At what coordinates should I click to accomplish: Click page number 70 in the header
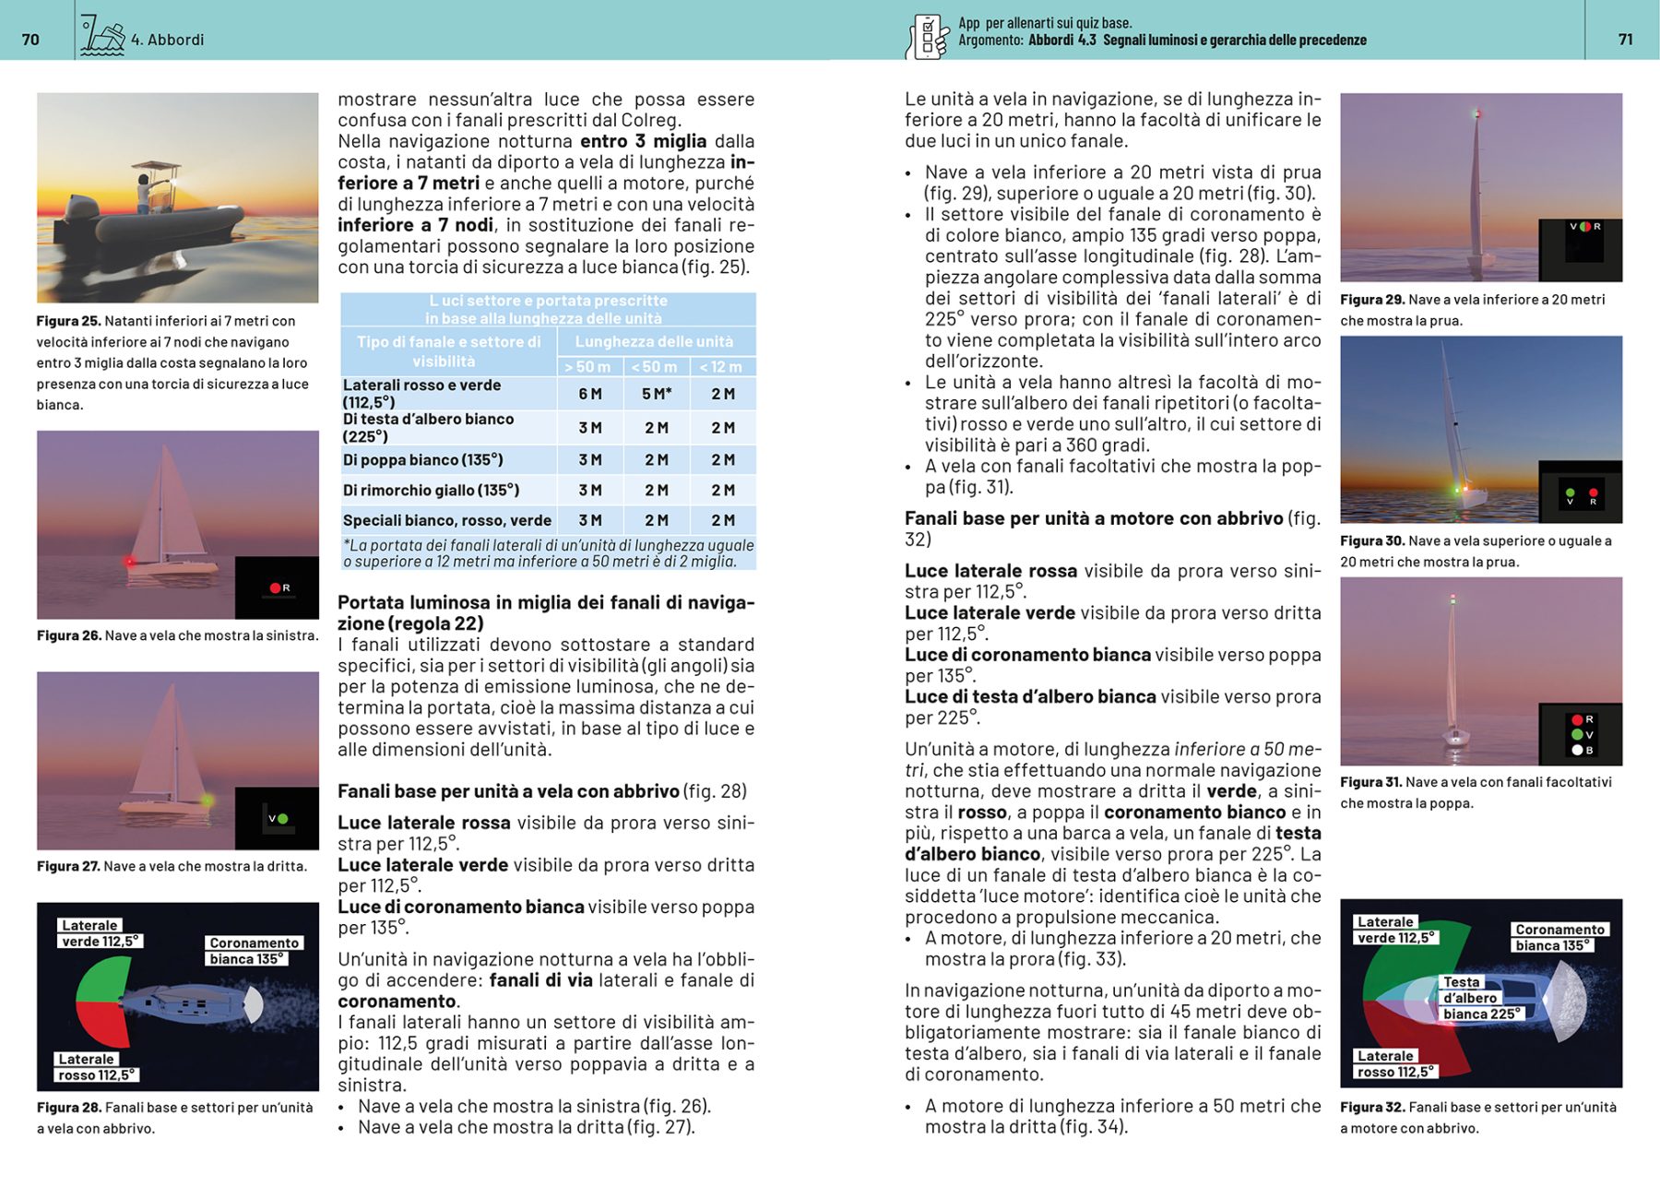[x=30, y=40]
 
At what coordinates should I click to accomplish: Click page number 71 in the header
[x=1625, y=40]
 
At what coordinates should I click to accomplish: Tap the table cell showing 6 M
[x=590, y=394]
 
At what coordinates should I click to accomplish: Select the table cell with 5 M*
[x=657, y=394]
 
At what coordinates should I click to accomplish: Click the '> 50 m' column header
[x=587, y=367]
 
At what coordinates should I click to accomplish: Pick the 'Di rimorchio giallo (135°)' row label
[x=431, y=490]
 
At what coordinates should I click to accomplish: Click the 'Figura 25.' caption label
[x=68, y=321]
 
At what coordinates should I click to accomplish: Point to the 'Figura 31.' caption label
[x=1371, y=782]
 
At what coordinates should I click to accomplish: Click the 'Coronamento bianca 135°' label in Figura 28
[x=254, y=951]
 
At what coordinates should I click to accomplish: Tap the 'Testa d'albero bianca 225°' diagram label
[x=1481, y=999]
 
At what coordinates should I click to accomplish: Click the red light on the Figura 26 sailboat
[x=130, y=561]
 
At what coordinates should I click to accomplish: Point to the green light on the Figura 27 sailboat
[x=207, y=800]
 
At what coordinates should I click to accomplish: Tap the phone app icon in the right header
[x=928, y=38]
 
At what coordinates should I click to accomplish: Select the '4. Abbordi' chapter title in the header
[x=167, y=40]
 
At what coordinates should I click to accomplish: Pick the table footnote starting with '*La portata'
[x=548, y=553]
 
